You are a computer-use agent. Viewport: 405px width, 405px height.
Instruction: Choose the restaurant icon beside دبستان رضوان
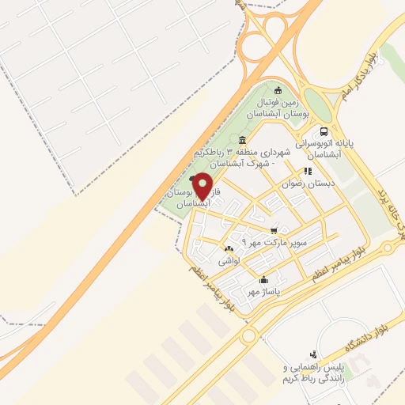(307, 170)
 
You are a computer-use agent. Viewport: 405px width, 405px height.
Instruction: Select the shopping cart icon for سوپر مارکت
(274, 230)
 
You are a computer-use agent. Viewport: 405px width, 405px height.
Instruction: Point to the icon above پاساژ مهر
(263, 280)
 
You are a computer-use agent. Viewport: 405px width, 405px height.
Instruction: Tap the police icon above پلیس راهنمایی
(313, 354)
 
